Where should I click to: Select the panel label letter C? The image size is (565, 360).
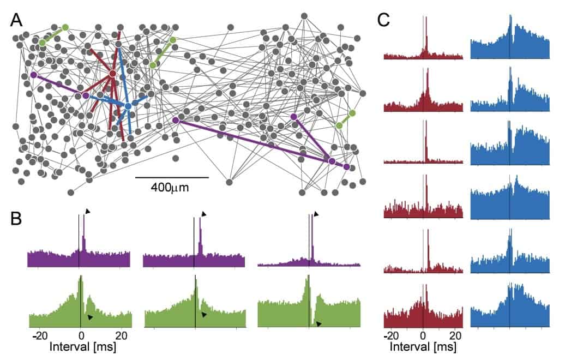384,20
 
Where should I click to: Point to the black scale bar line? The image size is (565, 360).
172,177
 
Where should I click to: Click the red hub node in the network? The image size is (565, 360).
112,74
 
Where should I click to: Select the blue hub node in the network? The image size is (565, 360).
128,106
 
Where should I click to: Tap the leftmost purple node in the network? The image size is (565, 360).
34,75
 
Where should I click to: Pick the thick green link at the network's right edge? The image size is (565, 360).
346,119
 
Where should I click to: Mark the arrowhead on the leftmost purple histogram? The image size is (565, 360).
87,211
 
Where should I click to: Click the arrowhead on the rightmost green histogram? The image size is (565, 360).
319,324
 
